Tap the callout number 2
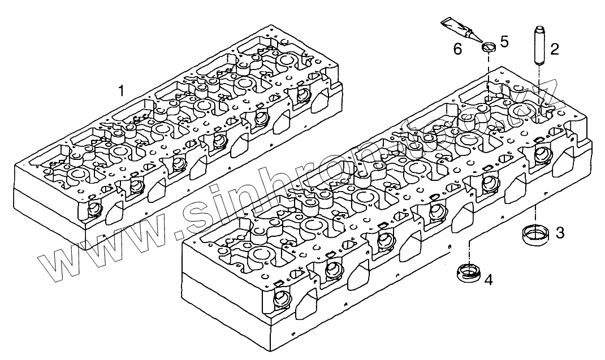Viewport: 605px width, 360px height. coord(555,49)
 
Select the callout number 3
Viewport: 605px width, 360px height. coord(559,232)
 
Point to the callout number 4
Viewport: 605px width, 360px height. coord(488,279)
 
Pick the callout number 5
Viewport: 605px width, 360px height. coord(504,41)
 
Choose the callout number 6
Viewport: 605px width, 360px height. coord(457,49)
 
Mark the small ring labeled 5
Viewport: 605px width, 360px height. coord(489,46)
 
